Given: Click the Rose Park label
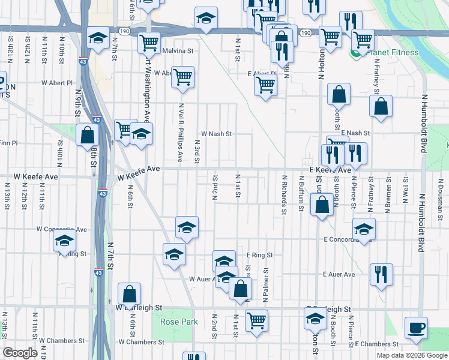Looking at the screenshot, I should (x=179, y=322).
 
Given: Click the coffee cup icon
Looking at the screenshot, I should (x=416, y=328).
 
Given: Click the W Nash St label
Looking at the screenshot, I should (x=216, y=134).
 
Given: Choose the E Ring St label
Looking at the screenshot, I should (x=259, y=255).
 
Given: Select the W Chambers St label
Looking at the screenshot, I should (x=141, y=342).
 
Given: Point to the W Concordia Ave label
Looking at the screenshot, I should (x=62, y=229).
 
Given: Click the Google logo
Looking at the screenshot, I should (x=19, y=353).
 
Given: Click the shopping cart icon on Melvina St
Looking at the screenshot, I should (x=148, y=43).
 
